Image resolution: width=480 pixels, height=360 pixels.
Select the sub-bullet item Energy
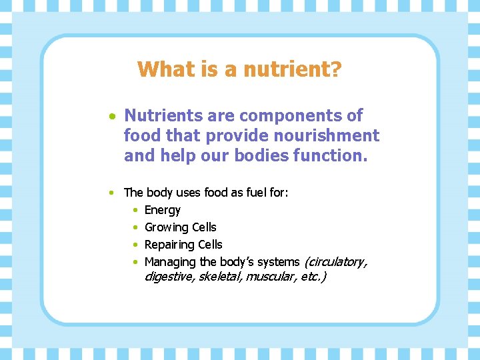(163, 210)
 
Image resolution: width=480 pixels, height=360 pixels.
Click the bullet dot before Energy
(135, 211)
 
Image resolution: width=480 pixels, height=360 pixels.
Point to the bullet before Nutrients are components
(114, 116)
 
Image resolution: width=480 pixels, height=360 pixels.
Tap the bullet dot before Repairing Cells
(135, 245)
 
